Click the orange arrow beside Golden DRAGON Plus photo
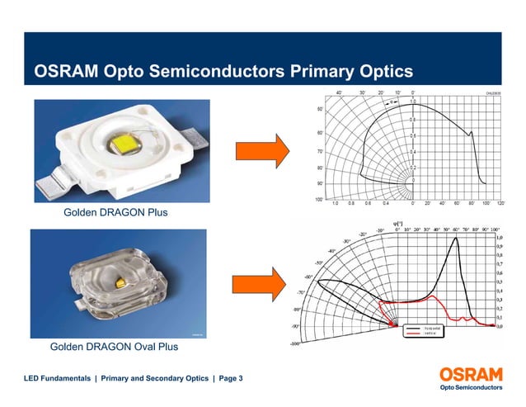[x=261, y=152]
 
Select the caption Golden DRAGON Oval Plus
[x=114, y=347]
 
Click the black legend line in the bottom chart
[x=413, y=329]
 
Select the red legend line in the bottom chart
[x=413, y=334]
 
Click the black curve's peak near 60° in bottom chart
[x=455, y=239]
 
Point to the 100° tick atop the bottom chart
[x=495, y=230]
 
